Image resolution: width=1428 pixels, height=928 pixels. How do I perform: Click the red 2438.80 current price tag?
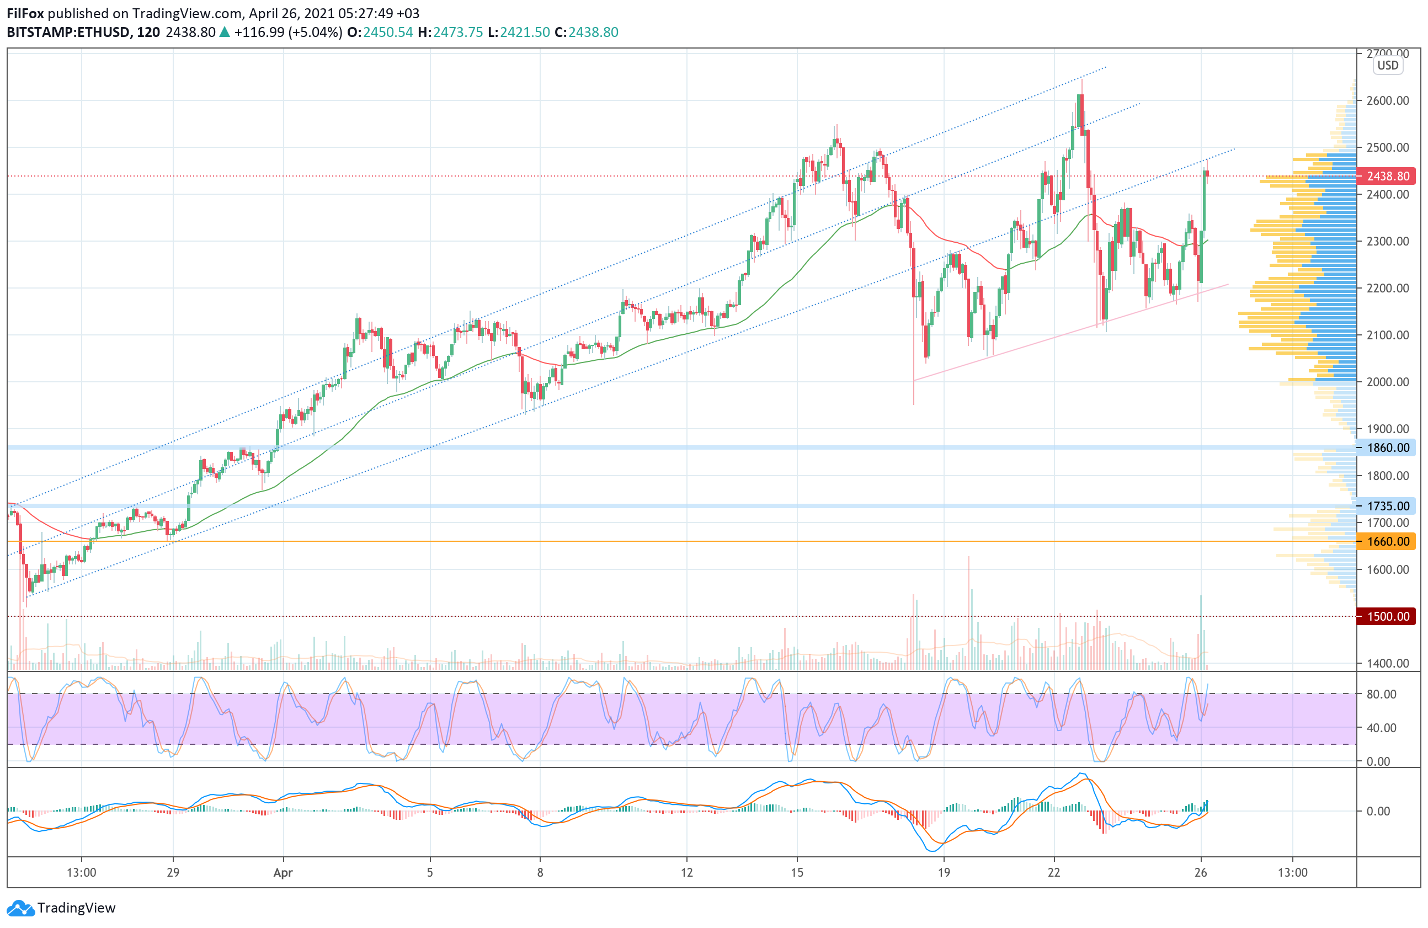point(1387,177)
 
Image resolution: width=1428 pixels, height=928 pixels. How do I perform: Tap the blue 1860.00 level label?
point(1387,447)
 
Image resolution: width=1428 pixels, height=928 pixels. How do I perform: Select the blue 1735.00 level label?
point(1387,506)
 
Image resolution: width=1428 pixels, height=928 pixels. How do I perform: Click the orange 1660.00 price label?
point(1387,542)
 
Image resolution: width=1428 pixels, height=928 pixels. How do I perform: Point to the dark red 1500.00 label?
point(1387,616)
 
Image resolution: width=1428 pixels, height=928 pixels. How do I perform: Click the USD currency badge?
point(1388,66)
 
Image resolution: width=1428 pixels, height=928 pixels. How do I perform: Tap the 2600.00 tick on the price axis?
point(1387,101)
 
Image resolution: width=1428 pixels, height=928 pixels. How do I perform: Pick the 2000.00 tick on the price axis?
point(1387,382)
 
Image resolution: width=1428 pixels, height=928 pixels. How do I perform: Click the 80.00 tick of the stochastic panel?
point(1381,694)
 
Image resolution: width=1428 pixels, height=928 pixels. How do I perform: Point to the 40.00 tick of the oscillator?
point(1381,728)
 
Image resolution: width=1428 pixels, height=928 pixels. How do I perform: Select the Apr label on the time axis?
point(283,873)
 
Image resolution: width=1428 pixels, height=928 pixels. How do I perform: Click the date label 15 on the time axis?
point(797,872)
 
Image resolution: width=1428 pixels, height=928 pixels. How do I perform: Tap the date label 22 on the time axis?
point(1053,872)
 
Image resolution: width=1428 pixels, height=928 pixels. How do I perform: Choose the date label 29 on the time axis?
point(173,872)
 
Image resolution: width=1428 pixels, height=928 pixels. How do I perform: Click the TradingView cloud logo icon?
point(21,908)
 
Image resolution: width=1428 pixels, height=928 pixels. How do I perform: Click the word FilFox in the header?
point(25,13)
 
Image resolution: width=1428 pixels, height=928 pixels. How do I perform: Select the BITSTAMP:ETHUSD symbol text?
point(68,33)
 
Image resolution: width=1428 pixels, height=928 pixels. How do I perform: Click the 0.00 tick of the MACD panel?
point(1378,811)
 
